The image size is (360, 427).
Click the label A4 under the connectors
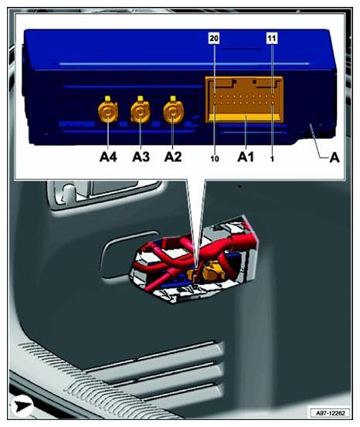tap(107, 156)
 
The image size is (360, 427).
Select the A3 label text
tap(141, 156)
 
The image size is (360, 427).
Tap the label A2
tap(173, 156)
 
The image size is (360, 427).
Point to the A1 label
tap(246, 156)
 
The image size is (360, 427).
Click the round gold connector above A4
tap(107, 114)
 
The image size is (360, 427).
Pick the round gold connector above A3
tap(141, 114)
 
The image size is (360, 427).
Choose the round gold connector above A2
tap(173, 114)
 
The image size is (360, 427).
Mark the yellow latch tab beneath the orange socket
tap(244, 120)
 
